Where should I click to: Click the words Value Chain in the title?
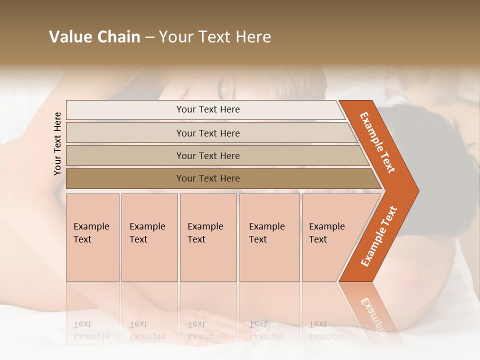coord(94,37)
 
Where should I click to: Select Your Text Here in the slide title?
coord(215,37)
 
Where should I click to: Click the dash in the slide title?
coord(149,37)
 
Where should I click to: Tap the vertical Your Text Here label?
coord(57,143)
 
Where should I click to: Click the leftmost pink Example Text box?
coord(92,237)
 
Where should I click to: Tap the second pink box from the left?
coord(149,237)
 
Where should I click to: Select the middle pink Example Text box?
coord(208,237)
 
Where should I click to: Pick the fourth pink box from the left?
coord(269,237)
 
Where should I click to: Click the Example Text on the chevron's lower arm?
coord(379,236)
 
